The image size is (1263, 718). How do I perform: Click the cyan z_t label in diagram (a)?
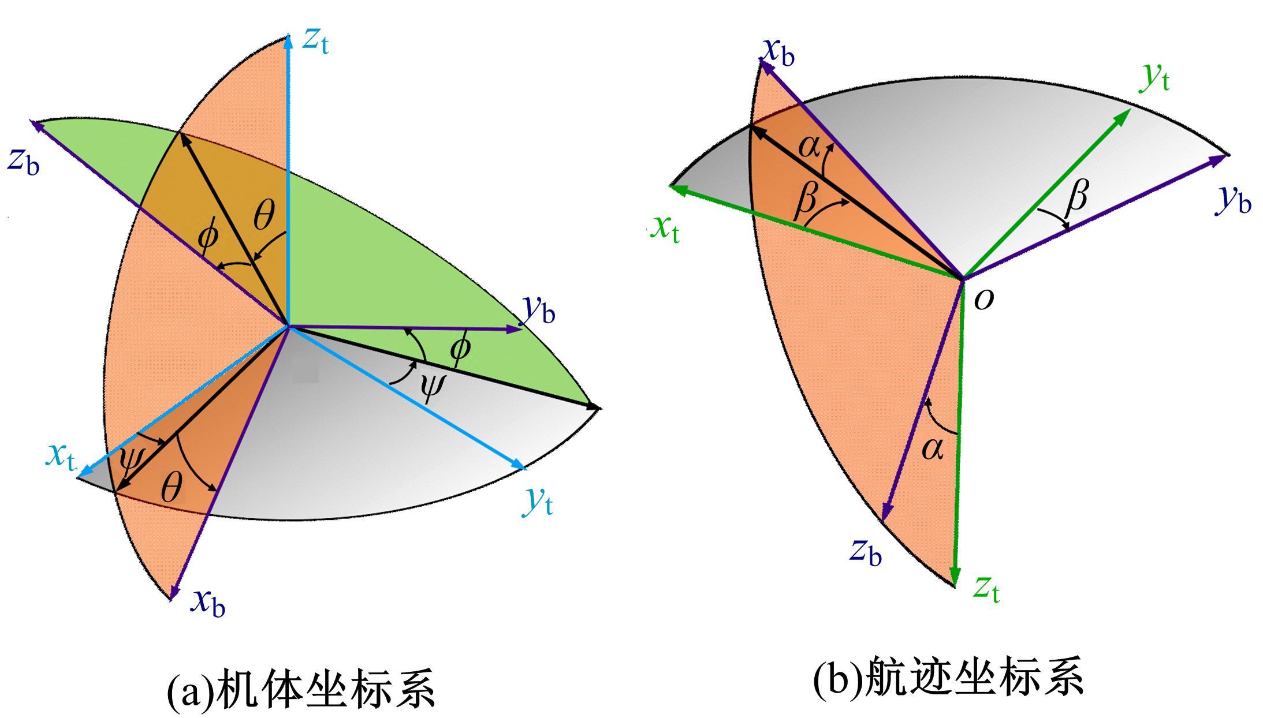(x=315, y=40)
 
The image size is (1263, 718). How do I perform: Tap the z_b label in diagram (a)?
(x=24, y=160)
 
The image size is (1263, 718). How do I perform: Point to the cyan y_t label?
(x=538, y=500)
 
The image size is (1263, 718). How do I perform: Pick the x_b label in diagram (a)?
(x=208, y=603)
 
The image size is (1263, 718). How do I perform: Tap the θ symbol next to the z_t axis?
(x=264, y=217)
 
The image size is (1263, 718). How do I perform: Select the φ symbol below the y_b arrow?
(x=460, y=350)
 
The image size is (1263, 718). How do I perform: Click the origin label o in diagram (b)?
(x=984, y=299)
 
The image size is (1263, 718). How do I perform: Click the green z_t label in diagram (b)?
(x=986, y=589)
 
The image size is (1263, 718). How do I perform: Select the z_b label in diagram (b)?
(x=866, y=552)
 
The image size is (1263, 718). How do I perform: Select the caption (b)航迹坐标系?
(x=949, y=676)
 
